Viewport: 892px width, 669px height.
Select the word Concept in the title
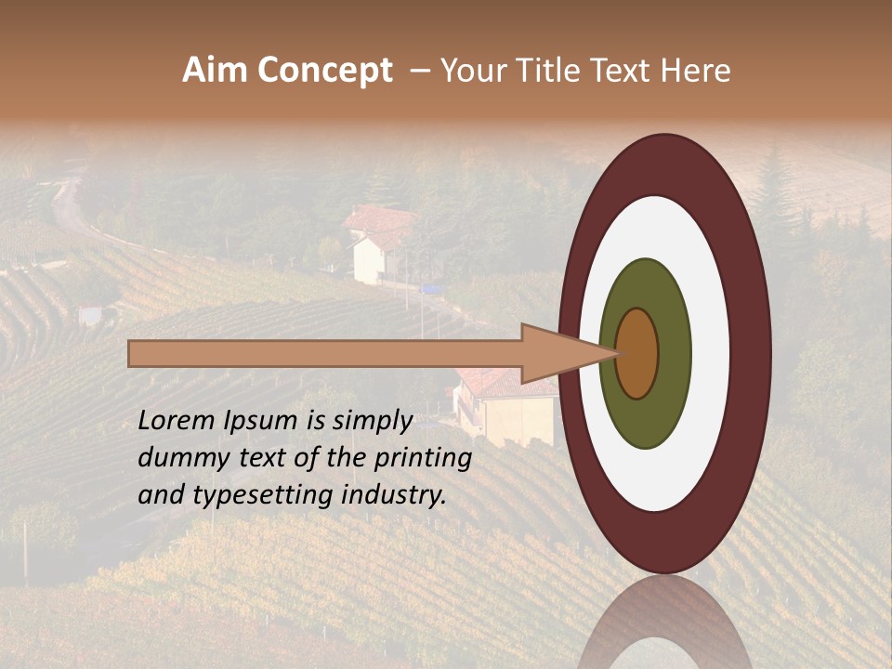[324, 72]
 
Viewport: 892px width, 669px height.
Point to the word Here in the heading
[696, 71]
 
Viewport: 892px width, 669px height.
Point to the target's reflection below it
[664, 627]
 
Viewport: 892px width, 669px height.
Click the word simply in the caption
[373, 422]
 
